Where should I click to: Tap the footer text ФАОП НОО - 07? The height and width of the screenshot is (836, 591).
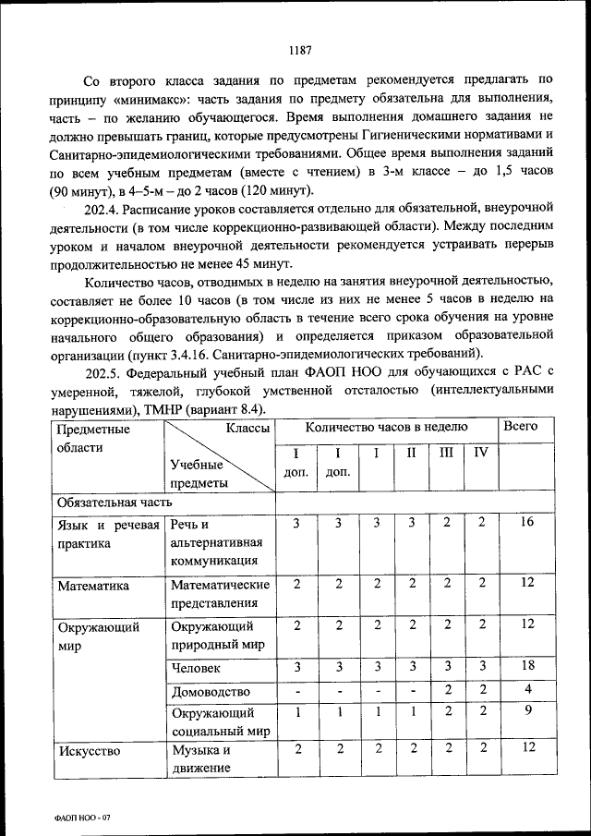tap(84, 818)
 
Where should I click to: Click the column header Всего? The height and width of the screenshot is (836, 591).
tap(520, 428)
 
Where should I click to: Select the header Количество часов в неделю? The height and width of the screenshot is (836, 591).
tap(386, 428)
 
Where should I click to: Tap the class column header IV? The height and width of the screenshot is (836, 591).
tap(480, 454)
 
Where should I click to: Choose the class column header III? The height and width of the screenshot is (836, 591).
tap(447, 454)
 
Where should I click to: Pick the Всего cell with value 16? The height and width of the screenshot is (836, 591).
tap(527, 523)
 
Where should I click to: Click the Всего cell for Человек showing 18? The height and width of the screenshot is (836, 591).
tap(527, 666)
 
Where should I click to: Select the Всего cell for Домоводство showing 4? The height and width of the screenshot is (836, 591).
tap(527, 689)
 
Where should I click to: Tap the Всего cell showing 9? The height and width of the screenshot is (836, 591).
tap(527, 712)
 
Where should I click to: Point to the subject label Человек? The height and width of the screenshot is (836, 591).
tap(196, 667)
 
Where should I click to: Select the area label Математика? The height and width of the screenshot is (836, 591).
tap(93, 585)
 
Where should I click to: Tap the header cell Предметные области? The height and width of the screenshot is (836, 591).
tap(93, 438)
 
